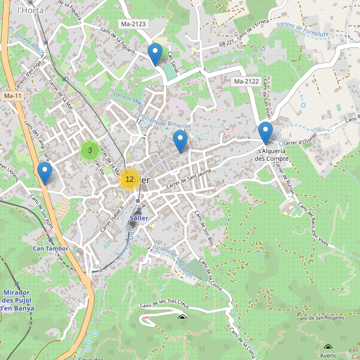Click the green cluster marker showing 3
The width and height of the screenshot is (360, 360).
90,150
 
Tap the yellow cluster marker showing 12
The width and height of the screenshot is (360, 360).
130,179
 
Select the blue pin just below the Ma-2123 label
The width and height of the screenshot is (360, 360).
155,55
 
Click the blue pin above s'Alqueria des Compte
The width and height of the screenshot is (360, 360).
265,133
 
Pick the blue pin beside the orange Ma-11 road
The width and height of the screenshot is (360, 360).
44,173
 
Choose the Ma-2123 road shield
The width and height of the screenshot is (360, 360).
134,24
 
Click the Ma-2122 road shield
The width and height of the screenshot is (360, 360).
246,81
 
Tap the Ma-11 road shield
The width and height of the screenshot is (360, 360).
12,95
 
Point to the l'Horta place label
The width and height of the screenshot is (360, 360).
28,10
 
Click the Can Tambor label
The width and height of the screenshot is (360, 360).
50,248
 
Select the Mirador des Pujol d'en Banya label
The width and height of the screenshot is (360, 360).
17,300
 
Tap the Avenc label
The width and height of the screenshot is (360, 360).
328,355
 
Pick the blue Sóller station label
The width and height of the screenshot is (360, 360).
139,218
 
